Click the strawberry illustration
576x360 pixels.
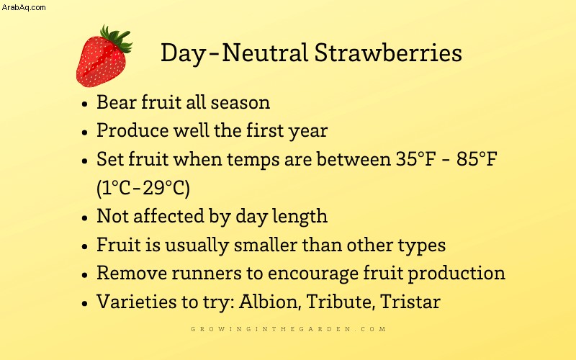coord(104,57)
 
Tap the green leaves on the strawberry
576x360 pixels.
coord(117,38)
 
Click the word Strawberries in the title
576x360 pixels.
coord(388,53)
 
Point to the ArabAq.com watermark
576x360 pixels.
coord(24,7)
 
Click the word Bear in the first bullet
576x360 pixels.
coord(117,102)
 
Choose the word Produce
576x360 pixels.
coord(132,130)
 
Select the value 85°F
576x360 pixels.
coord(477,159)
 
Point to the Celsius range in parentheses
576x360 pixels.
coord(143,188)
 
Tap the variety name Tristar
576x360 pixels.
coord(410,302)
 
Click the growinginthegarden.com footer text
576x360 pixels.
coord(289,329)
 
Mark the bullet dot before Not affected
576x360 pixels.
coord(85,218)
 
